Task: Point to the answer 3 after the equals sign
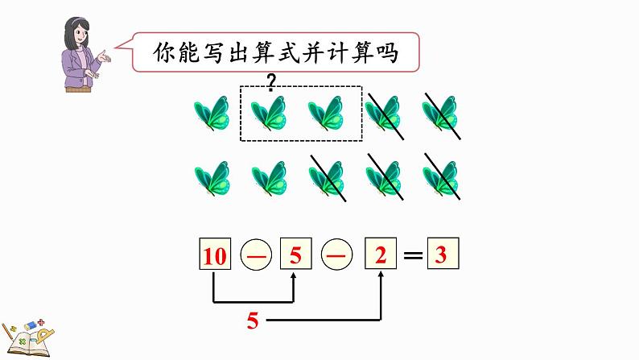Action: pyautogui.click(x=441, y=256)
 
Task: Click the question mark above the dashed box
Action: pyautogui.click(x=271, y=81)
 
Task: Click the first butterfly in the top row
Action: pyautogui.click(x=212, y=114)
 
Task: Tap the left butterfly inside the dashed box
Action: pyautogui.click(x=269, y=114)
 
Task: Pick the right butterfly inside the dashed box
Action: pyautogui.click(x=327, y=114)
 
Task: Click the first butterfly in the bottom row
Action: pyautogui.click(x=212, y=178)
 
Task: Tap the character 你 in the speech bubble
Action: pyautogui.click(x=165, y=54)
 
